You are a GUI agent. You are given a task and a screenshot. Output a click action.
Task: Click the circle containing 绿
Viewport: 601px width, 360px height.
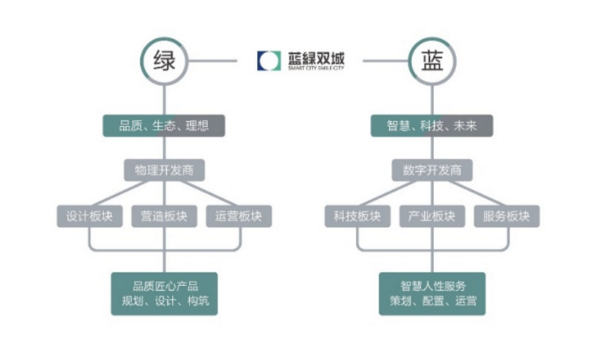(164, 61)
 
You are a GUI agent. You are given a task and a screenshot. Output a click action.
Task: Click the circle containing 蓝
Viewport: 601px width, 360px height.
(432, 61)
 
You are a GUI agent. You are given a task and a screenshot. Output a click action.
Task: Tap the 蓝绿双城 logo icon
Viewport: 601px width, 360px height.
(268, 61)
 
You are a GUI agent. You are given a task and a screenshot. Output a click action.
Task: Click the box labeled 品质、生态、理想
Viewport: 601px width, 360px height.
(163, 125)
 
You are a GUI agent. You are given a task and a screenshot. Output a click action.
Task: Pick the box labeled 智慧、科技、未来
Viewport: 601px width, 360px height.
(432, 125)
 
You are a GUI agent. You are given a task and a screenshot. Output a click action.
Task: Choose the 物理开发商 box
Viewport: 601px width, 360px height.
(164, 170)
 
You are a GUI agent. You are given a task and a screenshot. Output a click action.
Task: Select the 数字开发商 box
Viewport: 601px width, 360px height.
(432, 170)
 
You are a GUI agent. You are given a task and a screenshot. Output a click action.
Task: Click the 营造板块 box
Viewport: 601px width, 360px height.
(164, 216)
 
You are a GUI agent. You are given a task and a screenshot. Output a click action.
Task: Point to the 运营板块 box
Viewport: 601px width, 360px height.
(239, 216)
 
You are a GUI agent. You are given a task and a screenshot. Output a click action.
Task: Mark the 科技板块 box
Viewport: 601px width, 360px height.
(358, 216)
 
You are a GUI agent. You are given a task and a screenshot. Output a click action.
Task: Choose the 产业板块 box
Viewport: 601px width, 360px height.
(432, 216)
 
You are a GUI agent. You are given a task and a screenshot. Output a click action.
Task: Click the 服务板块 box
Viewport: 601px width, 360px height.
(507, 216)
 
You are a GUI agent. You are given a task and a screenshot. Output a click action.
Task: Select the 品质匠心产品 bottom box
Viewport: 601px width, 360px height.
(164, 293)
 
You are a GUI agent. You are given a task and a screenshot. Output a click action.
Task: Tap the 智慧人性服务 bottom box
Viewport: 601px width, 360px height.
(432, 293)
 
